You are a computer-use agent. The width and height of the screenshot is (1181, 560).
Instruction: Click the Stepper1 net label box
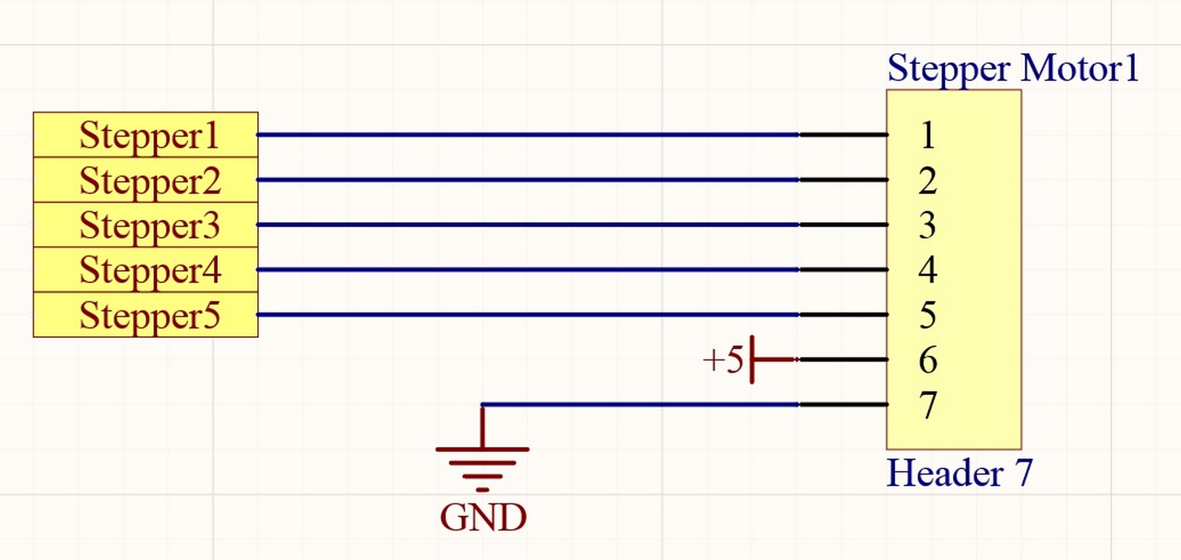[146, 135]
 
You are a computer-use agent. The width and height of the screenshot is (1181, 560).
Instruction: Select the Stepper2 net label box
[146, 180]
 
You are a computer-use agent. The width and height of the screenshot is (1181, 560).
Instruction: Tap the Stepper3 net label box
[146, 225]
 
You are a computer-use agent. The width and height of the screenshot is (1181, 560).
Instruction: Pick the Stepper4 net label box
[146, 270]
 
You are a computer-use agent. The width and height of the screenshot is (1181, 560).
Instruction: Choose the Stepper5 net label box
[146, 315]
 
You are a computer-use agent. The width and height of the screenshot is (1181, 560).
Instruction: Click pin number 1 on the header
[928, 135]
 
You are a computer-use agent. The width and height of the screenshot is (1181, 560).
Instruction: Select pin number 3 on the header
[928, 225]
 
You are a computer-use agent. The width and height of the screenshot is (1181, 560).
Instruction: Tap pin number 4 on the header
[928, 270]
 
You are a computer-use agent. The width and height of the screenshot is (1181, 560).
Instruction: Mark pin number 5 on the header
[928, 315]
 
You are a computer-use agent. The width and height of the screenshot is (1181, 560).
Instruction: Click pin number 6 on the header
[928, 360]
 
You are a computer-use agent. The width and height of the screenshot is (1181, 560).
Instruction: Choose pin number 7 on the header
[928, 405]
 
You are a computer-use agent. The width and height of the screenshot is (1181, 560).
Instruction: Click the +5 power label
[723, 359]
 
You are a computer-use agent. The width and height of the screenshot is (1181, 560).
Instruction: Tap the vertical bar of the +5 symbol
[752, 359]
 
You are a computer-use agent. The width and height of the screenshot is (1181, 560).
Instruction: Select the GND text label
[483, 518]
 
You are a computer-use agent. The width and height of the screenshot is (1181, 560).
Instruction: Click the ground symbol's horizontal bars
[482, 463]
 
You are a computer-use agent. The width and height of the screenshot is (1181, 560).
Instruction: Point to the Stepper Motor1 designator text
[1012, 68]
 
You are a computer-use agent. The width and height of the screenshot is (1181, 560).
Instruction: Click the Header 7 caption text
[959, 473]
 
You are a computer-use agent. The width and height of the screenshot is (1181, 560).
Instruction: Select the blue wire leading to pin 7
[640, 404]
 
